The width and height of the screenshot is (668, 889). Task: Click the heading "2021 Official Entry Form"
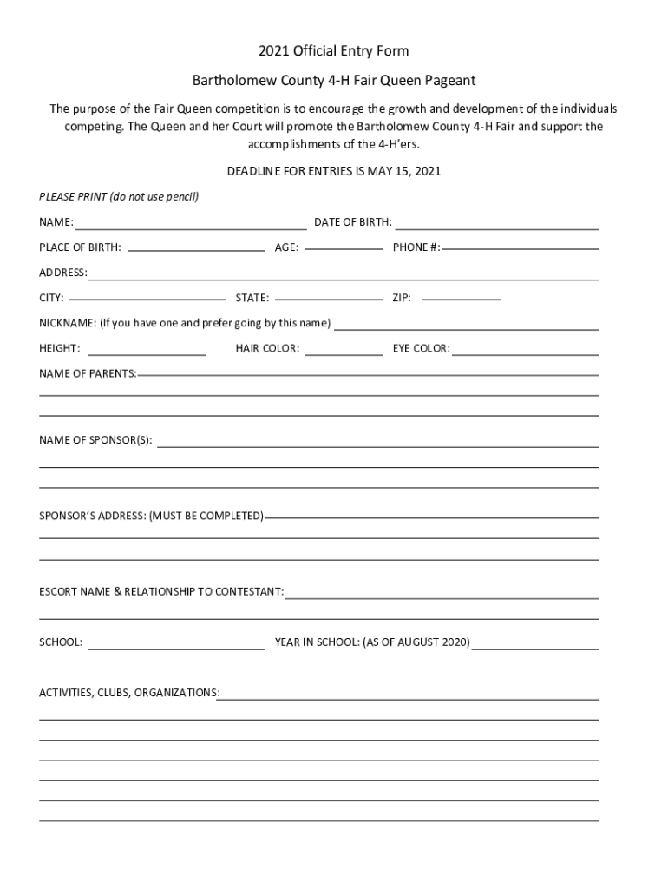334,52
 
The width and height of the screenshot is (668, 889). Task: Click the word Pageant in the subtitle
445,81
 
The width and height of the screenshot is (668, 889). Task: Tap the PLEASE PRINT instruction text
119,197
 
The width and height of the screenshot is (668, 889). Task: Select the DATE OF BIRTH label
352,223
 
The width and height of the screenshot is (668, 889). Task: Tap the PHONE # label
416,247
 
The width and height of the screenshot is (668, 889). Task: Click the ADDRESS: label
62,273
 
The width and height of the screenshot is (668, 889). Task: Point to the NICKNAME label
68,324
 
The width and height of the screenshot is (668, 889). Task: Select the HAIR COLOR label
267,349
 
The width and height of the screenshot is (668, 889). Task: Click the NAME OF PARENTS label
87,374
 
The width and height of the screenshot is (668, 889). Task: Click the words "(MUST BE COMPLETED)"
206,517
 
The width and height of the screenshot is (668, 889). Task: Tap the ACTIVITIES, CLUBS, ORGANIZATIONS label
128,693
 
